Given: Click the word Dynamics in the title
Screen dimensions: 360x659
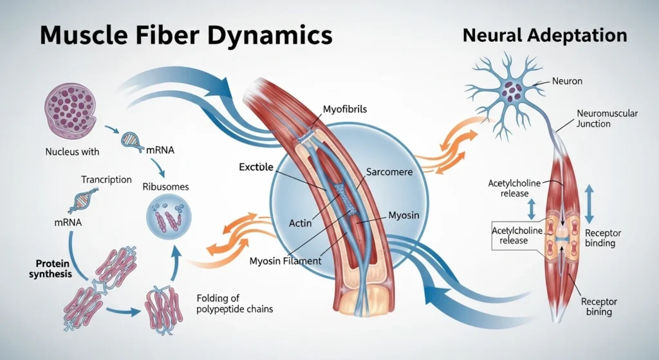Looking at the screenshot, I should click(x=270, y=35).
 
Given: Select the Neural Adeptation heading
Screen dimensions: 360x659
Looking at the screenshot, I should click(x=544, y=36).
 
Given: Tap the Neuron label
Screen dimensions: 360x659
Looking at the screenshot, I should click(x=566, y=82).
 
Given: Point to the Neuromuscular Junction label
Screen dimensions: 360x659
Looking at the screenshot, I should click(x=608, y=118).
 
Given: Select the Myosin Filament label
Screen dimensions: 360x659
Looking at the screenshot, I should click(x=285, y=261).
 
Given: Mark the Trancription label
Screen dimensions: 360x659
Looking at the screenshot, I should click(x=106, y=179).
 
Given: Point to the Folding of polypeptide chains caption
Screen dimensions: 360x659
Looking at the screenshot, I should click(x=234, y=303).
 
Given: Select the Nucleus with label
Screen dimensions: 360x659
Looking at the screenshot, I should click(x=72, y=153).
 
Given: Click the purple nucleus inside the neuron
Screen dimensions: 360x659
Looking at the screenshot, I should click(x=513, y=90).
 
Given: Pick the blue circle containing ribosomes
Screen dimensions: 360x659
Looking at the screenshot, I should click(x=167, y=216).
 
